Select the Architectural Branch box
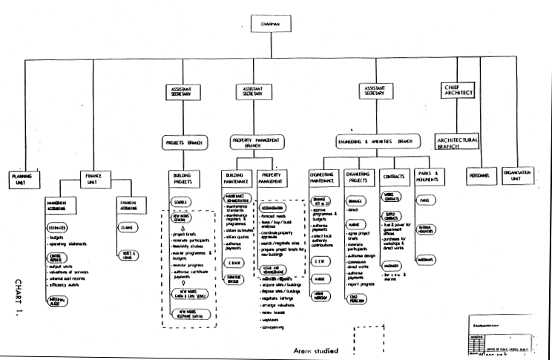tap(457, 140)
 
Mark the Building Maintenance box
tap(237, 178)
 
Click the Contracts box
tap(395, 178)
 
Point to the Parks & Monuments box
tap(429, 178)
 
